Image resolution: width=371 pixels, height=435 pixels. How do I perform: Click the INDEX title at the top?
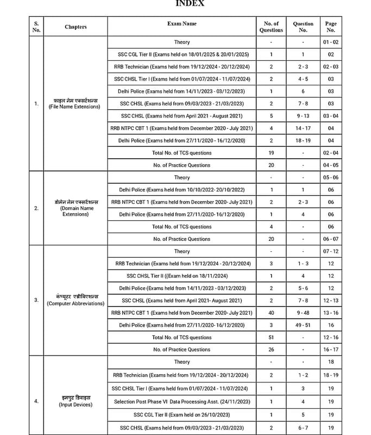coord(190,3)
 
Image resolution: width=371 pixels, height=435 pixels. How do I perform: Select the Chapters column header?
coord(76,27)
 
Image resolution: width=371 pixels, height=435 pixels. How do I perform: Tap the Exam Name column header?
coord(182,24)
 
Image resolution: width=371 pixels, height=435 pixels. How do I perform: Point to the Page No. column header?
coord(331,27)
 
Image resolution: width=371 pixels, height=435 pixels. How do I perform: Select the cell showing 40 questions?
coord(271,313)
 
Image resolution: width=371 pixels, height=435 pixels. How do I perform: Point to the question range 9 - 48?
coord(303,313)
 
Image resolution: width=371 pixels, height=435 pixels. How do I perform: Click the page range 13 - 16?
coord(331,313)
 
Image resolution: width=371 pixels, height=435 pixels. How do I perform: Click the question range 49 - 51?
coord(303,325)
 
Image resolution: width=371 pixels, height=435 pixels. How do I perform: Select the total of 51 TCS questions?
coord(271,338)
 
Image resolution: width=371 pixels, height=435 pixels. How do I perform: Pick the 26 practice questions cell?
coord(271,350)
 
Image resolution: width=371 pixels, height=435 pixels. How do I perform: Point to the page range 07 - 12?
coord(331,252)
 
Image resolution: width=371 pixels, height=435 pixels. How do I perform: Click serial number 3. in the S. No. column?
coord(36,300)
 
